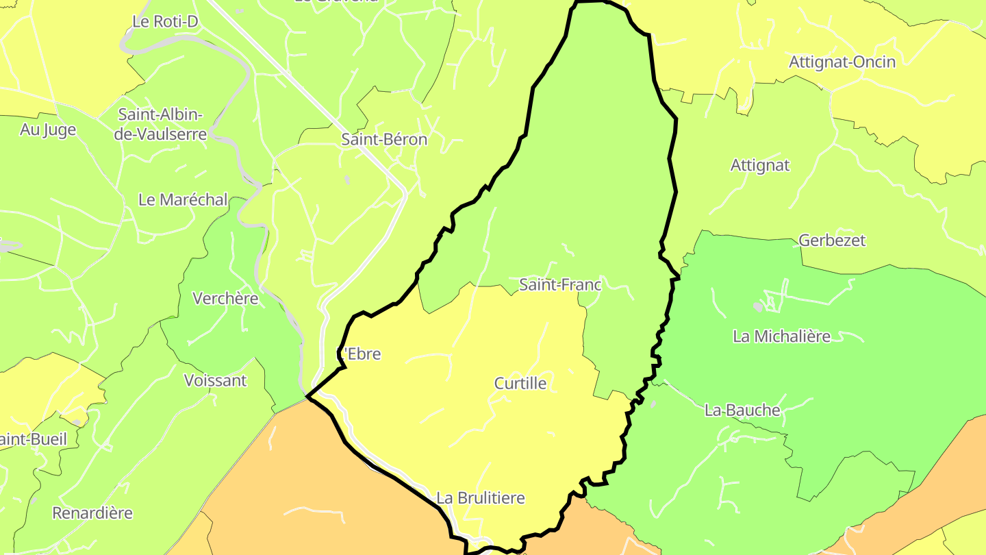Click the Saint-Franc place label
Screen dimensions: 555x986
560,284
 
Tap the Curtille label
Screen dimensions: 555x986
520,383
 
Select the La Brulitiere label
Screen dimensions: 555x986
481,498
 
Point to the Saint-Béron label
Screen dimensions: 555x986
384,140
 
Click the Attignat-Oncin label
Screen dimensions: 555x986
842,62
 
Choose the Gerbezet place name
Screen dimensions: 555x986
832,241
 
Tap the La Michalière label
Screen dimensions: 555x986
781,336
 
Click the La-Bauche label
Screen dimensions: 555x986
742,410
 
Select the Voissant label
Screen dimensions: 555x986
215,380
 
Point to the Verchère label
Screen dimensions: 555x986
225,299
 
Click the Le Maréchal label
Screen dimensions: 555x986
183,200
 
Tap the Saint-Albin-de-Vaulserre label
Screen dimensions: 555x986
160,124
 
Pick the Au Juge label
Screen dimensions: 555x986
48,129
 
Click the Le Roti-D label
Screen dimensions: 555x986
165,22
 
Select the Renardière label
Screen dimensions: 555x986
92,513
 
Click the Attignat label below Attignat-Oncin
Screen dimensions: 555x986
760,165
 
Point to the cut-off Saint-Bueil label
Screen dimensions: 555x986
34,439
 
